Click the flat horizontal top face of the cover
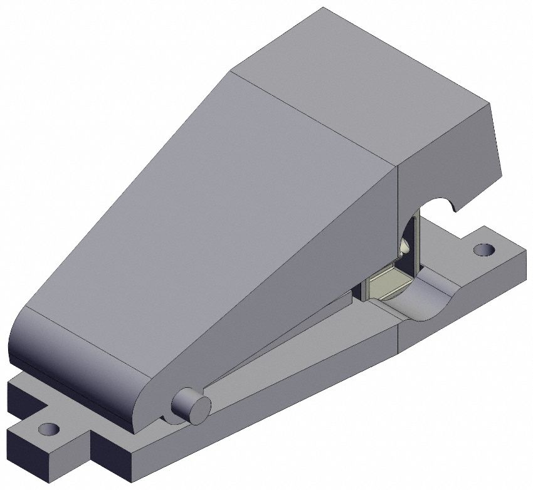pyautogui.click(x=357, y=81)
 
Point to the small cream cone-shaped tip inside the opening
pyautogui.click(x=406, y=247)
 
